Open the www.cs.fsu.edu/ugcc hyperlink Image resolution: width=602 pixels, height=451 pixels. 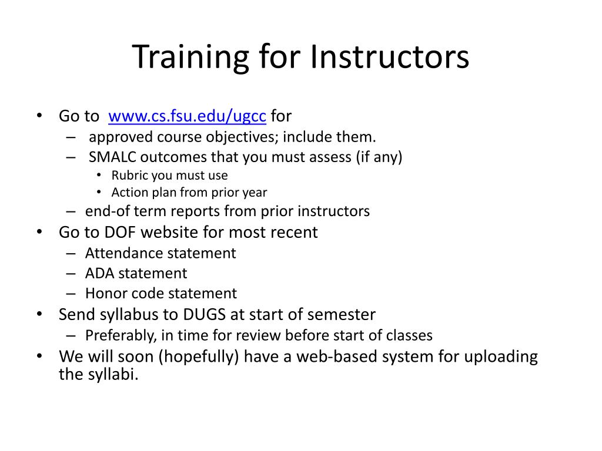coord(188,116)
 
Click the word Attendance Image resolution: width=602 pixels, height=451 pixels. coord(124,253)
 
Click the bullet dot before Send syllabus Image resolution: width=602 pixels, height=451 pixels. coord(39,314)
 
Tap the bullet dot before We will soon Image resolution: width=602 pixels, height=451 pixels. coord(39,355)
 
